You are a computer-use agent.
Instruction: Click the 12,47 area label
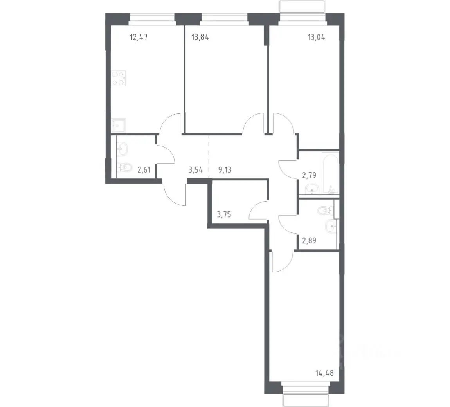pyautogui.click(x=139, y=37)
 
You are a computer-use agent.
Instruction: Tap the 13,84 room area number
pyautogui.click(x=200, y=37)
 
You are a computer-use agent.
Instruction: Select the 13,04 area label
pyautogui.click(x=316, y=37)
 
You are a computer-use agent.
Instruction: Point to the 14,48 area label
pyautogui.click(x=324, y=373)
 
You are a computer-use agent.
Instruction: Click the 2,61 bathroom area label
pyautogui.click(x=144, y=170)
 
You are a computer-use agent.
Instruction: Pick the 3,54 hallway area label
pyautogui.click(x=195, y=170)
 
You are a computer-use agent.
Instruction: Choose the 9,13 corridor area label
pyautogui.click(x=225, y=170)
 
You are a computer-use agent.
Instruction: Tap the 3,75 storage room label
pyautogui.click(x=224, y=214)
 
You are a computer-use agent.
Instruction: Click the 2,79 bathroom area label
pyautogui.click(x=309, y=175)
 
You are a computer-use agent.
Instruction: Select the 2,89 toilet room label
pyautogui.click(x=309, y=240)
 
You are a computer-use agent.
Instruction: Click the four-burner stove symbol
pyautogui.click(x=119, y=78)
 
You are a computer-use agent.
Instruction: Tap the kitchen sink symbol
pyautogui.click(x=119, y=125)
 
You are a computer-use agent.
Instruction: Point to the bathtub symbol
pyautogui.click(x=331, y=174)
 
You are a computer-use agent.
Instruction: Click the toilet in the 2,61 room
pyautogui.click(x=124, y=167)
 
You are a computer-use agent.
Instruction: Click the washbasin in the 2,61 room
pyautogui.click(x=122, y=149)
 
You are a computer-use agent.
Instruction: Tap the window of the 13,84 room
pyautogui.click(x=224, y=18)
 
